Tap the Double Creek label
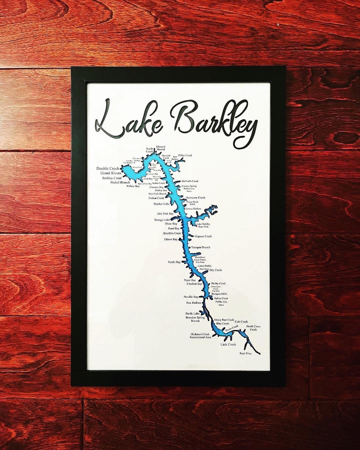pos(108,169)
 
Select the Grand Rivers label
pos(110,173)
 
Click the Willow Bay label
pos(133,186)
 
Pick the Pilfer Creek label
pos(185,155)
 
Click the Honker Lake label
pos(161,204)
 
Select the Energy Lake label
pos(162,220)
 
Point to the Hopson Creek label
pos(203,236)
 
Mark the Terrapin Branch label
pos(200,247)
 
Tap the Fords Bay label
pos(174,262)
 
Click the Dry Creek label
pos(215,270)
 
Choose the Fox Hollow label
pos(194,303)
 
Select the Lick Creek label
pos(229,344)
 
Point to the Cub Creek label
pos(241,322)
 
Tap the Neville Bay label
pos(191,297)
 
